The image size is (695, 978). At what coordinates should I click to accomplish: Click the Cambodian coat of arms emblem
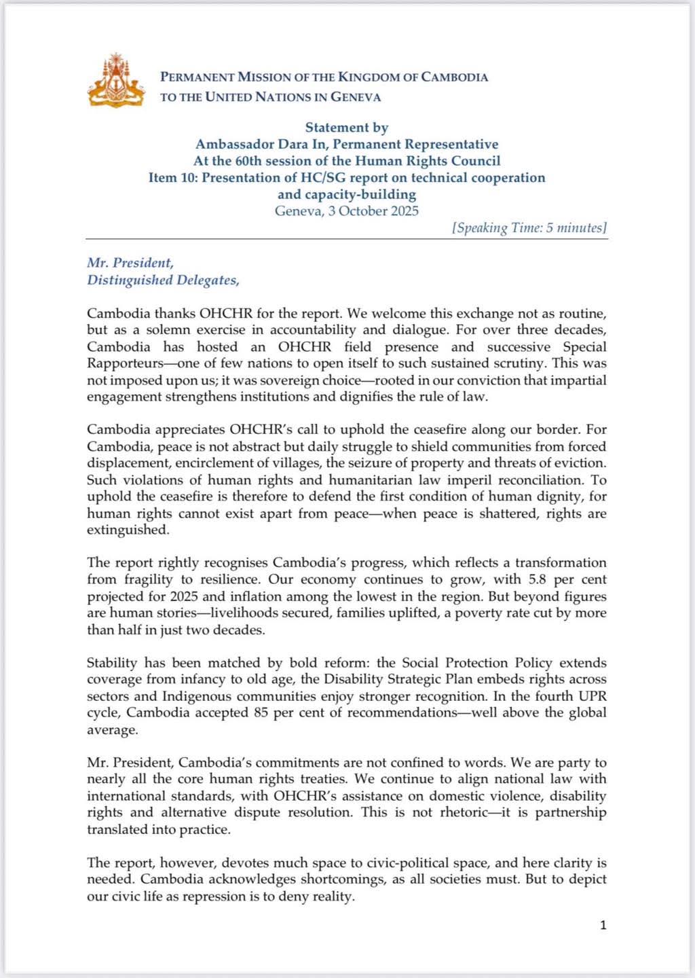(116, 79)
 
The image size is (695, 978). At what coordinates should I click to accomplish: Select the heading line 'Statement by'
(346, 128)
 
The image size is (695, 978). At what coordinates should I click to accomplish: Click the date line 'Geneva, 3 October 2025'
(346, 211)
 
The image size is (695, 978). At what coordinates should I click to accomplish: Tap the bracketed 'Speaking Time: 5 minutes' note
(529, 228)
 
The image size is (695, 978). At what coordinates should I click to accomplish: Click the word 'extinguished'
(128, 530)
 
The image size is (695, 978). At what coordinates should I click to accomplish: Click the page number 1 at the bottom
(603, 925)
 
